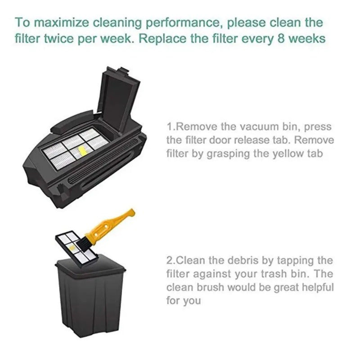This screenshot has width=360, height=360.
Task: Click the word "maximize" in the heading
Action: tap(63, 23)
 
